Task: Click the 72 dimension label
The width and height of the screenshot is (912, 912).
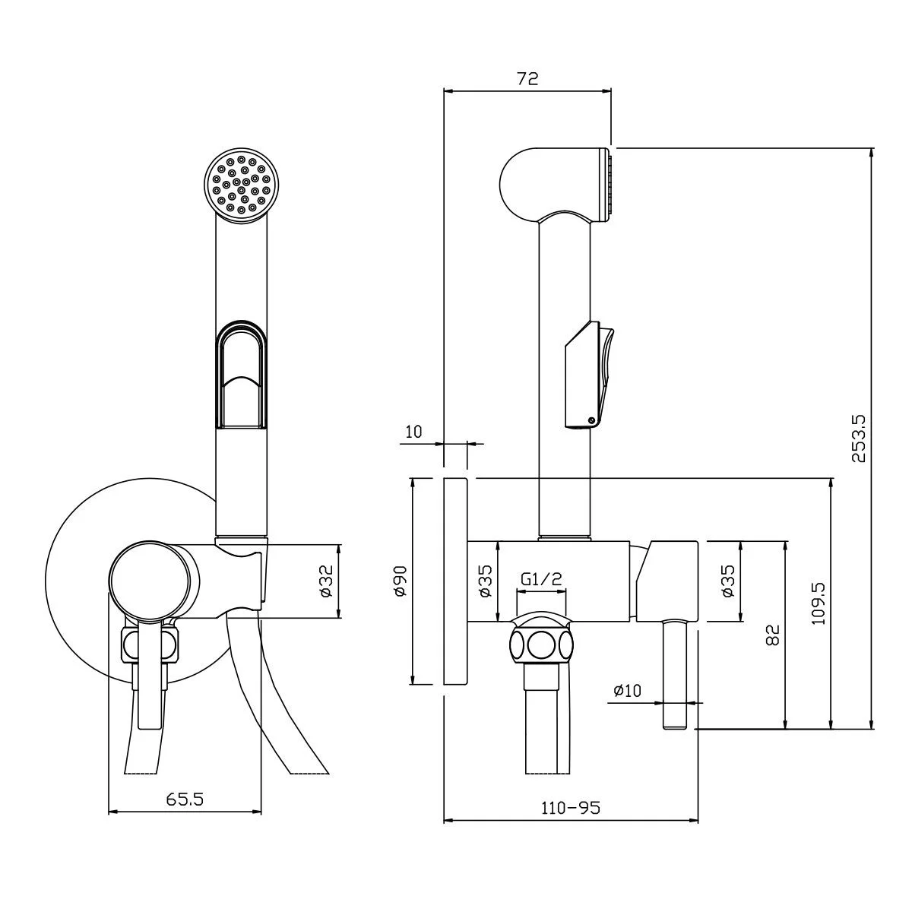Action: coord(527,78)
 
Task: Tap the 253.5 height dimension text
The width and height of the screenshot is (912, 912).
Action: coord(859,439)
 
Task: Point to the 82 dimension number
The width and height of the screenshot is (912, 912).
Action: coord(772,635)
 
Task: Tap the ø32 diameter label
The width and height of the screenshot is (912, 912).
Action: coord(327,581)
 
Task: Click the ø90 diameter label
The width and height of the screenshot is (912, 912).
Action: coord(401,581)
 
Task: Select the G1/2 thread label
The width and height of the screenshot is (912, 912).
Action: coord(541,578)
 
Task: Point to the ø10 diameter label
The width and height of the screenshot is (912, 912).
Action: coord(627,691)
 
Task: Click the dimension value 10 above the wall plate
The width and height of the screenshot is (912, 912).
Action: coord(413,432)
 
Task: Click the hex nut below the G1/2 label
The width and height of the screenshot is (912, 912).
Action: coord(541,645)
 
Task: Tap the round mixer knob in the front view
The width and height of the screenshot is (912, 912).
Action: coord(150,580)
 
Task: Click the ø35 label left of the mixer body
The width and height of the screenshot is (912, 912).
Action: coord(486,581)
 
